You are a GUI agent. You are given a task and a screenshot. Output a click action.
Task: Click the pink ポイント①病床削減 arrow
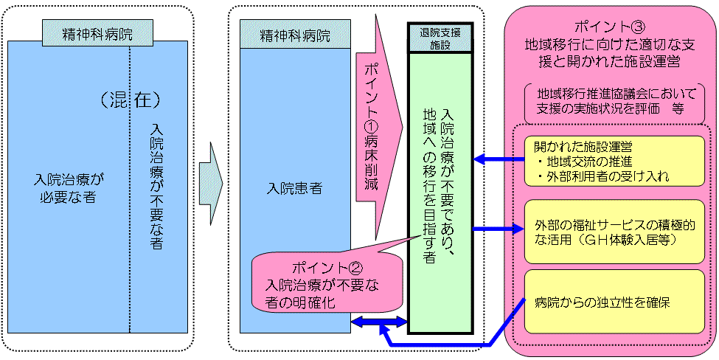tap(375, 125)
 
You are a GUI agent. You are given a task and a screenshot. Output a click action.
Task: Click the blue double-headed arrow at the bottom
tap(380, 322)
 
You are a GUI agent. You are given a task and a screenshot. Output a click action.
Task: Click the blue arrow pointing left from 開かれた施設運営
tap(499, 159)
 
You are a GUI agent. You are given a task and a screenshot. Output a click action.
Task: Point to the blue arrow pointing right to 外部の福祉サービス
tap(499, 229)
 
